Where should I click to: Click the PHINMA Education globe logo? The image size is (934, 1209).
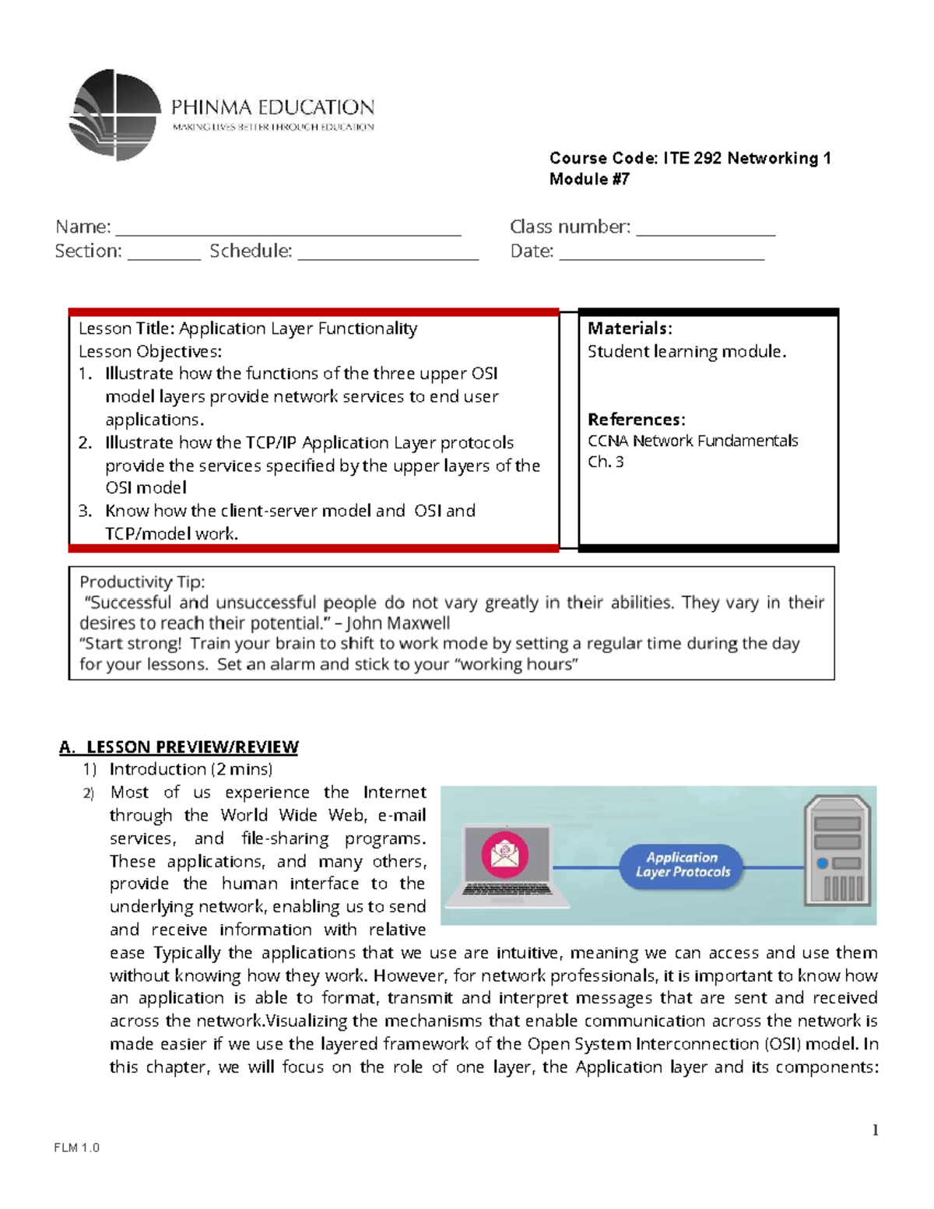pos(115,115)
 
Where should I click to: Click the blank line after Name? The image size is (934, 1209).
pos(288,232)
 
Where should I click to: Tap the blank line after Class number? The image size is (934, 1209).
pos(705,232)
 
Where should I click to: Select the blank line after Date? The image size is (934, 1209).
pos(662,256)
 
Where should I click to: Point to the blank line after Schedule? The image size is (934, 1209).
pos(388,256)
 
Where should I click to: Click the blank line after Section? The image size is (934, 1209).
pos(163,256)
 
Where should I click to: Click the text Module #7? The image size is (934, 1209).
pos(589,179)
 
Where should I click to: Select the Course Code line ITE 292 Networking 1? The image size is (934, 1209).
pos(690,158)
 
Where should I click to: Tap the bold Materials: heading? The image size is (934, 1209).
pos(629,329)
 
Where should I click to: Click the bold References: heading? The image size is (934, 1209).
pos(636,420)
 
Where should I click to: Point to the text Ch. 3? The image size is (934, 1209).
pos(605,462)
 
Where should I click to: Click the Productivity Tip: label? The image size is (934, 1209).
pos(142,582)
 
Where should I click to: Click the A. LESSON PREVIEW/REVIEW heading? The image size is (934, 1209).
pos(179,747)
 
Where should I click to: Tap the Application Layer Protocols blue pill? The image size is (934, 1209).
pos(682,865)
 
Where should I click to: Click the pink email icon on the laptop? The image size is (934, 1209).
pos(505,854)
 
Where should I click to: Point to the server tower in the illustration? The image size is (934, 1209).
pos(837,850)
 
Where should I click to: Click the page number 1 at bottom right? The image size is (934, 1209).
pos(876,1130)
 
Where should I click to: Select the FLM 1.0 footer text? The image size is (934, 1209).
pos(77,1147)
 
